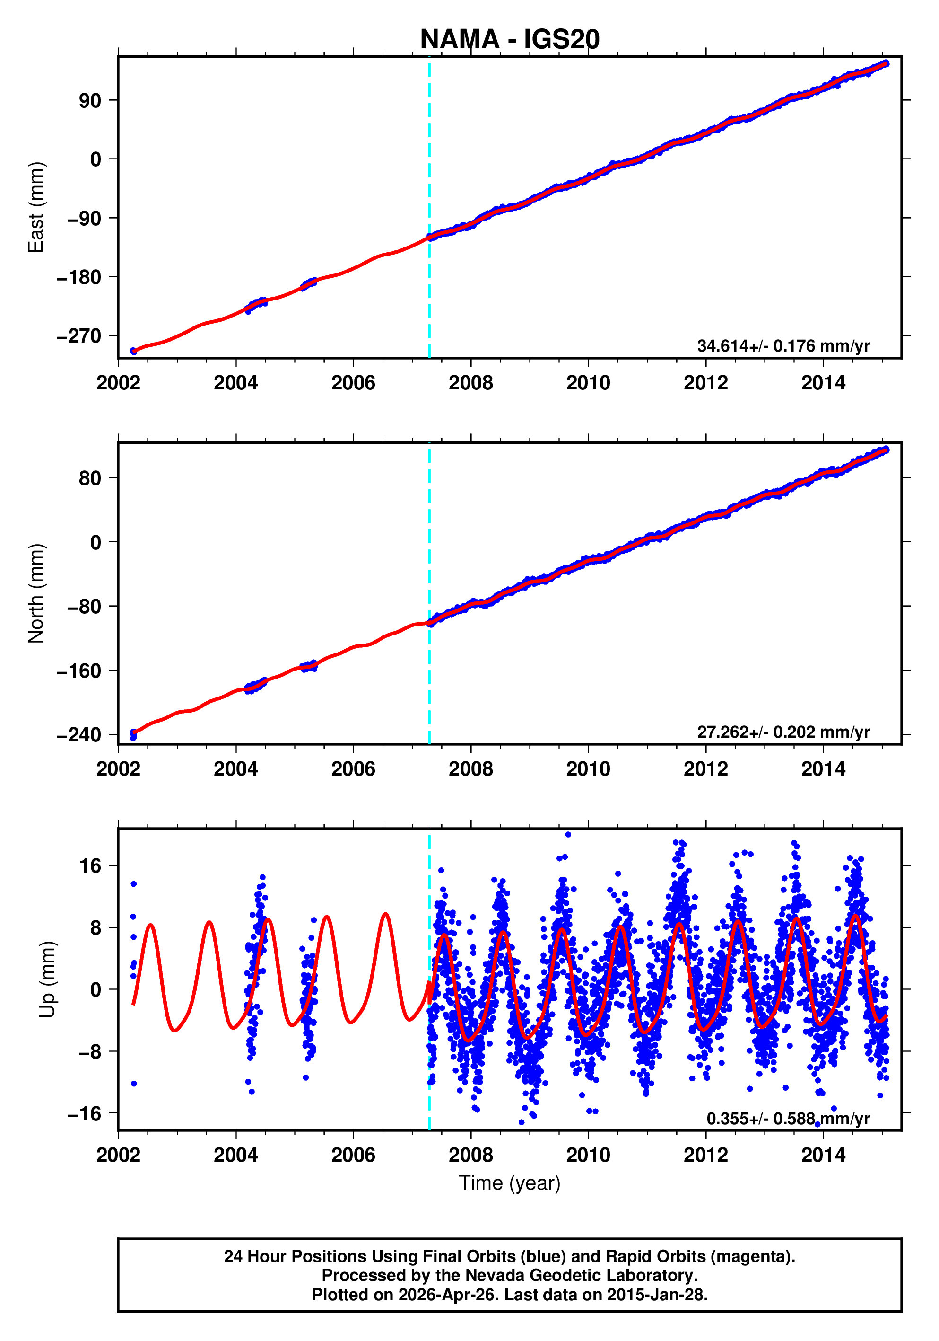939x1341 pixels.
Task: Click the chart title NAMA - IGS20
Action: [x=510, y=39]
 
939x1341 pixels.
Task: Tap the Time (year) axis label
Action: [x=510, y=1182]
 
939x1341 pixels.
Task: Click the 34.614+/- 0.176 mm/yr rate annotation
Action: [x=783, y=346]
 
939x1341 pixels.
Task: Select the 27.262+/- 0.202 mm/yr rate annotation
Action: [x=783, y=732]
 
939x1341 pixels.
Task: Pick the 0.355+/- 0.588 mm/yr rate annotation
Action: [x=788, y=1119]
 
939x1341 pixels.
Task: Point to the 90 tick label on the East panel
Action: [x=90, y=101]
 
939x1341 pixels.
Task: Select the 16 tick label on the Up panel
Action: [x=90, y=865]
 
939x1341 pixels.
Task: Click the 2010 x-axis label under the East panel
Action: [x=588, y=383]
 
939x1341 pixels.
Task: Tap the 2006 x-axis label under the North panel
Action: [x=353, y=769]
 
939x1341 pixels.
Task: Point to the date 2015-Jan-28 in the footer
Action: [x=655, y=1295]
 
